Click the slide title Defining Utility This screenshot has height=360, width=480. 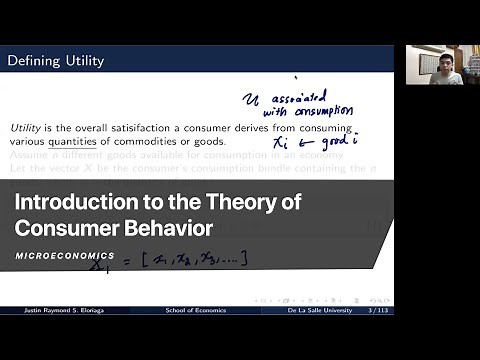point(56,61)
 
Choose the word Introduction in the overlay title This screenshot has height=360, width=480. point(71,201)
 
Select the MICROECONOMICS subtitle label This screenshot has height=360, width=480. point(64,256)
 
